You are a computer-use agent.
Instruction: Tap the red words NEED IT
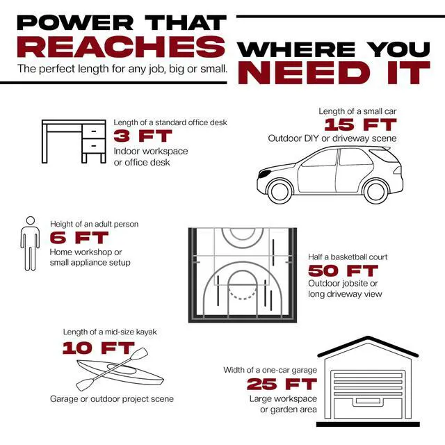pos(334,72)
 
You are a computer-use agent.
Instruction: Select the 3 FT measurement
pos(142,136)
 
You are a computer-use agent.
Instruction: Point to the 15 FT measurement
pos(360,125)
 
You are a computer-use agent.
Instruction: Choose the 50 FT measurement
pos(343,270)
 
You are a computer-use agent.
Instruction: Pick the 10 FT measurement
pos(99,348)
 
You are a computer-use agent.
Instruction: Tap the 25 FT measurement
pos(282,384)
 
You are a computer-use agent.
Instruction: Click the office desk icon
pos(74,142)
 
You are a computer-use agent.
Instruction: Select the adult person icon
pos(30,243)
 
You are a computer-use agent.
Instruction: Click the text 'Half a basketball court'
pos(348,257)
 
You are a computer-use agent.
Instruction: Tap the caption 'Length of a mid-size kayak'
pos(110,332)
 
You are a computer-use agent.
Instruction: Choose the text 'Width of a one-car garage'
pos(270,370)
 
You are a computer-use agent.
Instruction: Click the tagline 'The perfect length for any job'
pos(122,70)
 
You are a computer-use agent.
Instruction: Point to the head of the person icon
pos(30,222)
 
